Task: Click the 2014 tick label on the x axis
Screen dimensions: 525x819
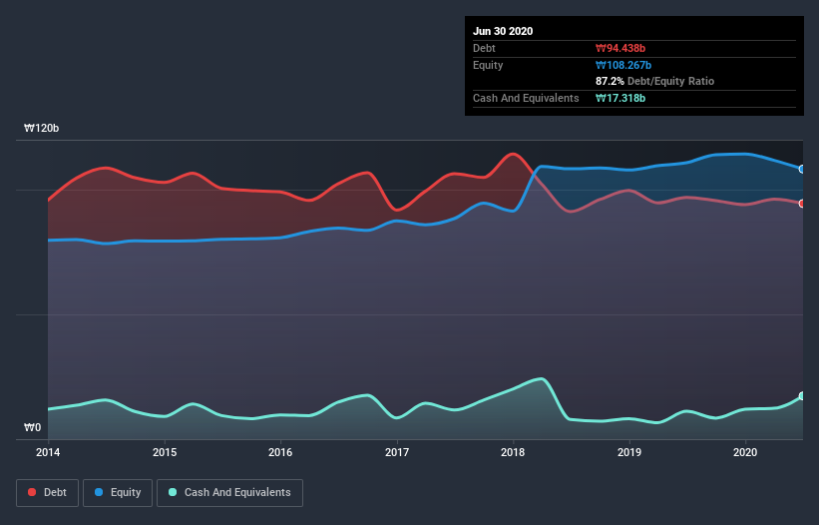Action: (48, 452)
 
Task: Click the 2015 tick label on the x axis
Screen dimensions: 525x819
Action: (165, 452)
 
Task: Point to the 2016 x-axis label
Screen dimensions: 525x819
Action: (281, 452)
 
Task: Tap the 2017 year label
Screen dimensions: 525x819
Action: (397, 452)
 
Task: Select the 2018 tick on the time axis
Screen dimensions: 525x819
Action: (514, 452)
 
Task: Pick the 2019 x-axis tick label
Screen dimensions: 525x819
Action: (629, 452)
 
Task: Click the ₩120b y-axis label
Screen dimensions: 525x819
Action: (42, 129)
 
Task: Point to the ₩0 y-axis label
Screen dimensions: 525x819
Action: (33, 428)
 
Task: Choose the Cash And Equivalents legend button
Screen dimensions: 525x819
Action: (229, 492)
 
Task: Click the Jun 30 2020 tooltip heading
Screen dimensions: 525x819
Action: (503, 31)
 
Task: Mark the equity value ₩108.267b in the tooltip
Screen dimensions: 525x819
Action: (624, 65)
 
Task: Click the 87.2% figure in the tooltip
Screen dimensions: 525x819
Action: (610, 81)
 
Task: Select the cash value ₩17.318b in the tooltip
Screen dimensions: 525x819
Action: (620, 98)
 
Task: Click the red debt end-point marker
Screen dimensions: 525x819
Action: (802, 203)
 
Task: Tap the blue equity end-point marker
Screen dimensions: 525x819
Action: (802, 169)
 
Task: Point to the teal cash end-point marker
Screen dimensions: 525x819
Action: (802, 396)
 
